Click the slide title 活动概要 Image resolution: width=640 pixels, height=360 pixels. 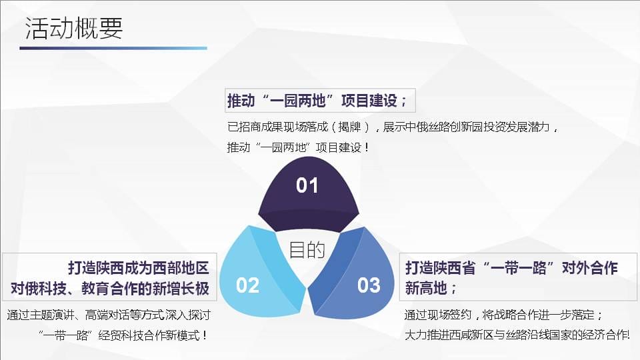(74, 28)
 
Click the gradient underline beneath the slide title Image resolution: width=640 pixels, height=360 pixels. (113, 48)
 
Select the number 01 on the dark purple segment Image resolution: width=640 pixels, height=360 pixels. (307, 185)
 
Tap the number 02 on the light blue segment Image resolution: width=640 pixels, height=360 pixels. (248, 285)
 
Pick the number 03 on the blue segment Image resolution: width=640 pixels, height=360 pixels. (369, 285)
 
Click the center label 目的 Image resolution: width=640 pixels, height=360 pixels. (307, 250)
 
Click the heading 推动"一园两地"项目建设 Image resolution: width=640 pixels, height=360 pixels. (317, 101)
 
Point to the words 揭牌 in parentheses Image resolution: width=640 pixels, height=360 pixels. (350, 127)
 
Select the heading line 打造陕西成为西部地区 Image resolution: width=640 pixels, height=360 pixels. (139, 268)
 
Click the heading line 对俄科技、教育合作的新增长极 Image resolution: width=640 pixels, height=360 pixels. (110, 289)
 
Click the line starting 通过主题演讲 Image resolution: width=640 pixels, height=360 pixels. (109, 315)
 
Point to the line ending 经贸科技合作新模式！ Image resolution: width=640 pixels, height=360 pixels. (123, 335)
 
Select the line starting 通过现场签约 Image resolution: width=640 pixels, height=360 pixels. (503, 315)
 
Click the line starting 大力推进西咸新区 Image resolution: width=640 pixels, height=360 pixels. (517, 335)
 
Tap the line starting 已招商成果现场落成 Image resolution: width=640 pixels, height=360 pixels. (393, 127)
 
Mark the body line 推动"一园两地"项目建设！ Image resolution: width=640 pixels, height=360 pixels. (298, 147)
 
